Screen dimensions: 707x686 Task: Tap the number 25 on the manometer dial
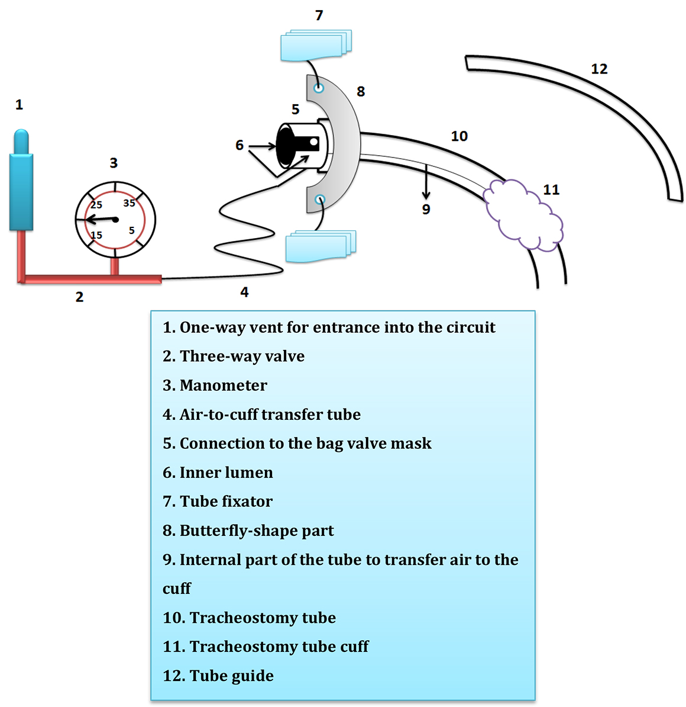[x=96, y=205]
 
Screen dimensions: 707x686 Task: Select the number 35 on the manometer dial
[x=129, y=203]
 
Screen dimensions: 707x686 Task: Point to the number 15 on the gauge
[x=96, y=235]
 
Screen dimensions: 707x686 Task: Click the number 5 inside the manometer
[x=131, y=230]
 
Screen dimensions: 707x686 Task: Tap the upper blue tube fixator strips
[x=316, y=46]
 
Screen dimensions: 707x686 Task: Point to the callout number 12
[x=599, y=69]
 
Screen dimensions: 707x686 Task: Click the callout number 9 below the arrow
[x=426, y=209]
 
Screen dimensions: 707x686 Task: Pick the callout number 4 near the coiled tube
[x=244, y=292]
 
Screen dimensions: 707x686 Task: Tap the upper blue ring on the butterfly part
[x=319, y=88]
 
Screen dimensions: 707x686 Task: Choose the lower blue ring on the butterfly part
[x=320, y=200]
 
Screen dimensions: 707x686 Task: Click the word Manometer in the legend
[x=223, y=385]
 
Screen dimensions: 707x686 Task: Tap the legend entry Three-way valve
[x=242, y=356]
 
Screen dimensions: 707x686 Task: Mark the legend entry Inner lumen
[x=226, y=473]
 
